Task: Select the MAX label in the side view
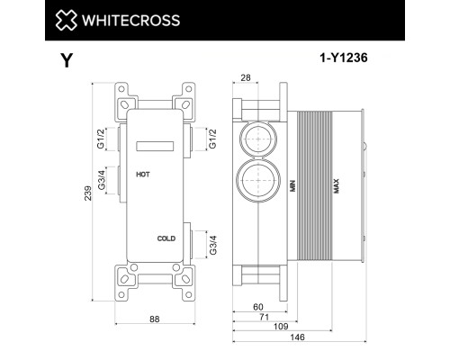(337, 186)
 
